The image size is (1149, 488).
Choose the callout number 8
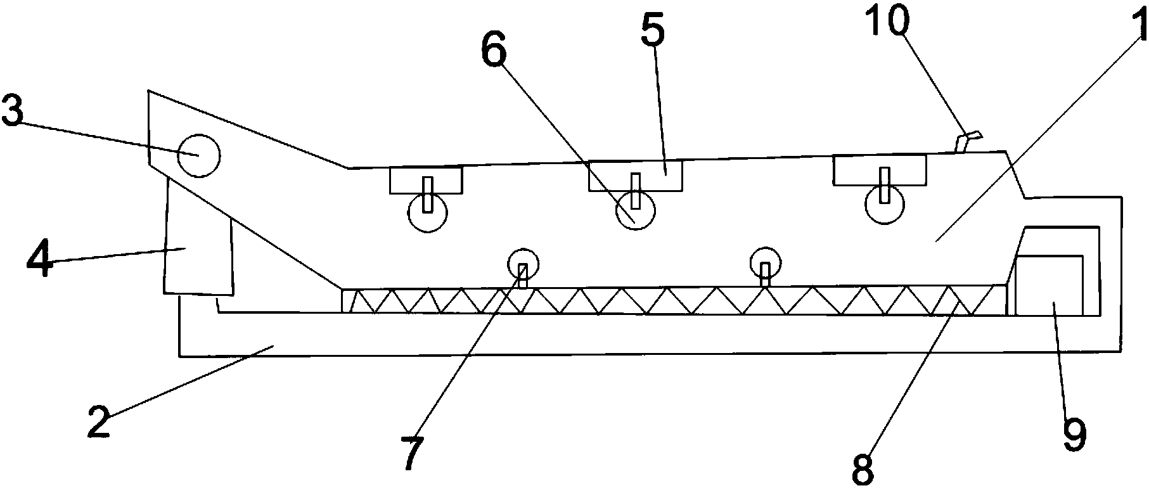pos(863,468)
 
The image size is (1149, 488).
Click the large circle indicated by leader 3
pos(198,155)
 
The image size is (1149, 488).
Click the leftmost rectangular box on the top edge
pos(426,181)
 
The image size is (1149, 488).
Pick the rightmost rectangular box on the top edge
pos(880,170)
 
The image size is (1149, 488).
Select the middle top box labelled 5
pos(636,176)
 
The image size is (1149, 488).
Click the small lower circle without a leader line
pos(766,262)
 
